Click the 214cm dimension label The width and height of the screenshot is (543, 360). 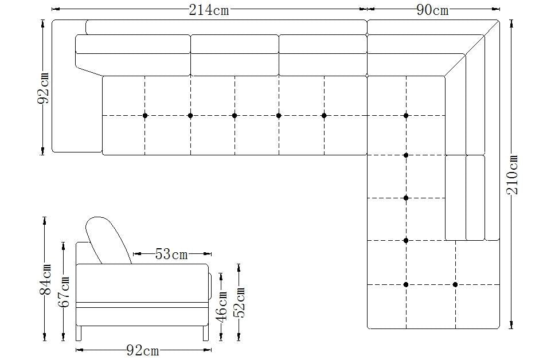(x=209, y=10)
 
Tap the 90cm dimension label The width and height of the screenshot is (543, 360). (x=432, y=10)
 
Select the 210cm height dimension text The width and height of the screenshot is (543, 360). (x=513, y=174)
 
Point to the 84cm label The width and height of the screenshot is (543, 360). (x=45, y=280)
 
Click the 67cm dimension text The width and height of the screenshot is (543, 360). (x=64, y=291)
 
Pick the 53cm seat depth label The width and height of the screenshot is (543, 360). (x=171, y=254)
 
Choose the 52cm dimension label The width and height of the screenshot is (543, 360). (x=240, y=302)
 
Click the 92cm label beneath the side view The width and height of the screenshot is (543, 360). (x=143, y=350)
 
